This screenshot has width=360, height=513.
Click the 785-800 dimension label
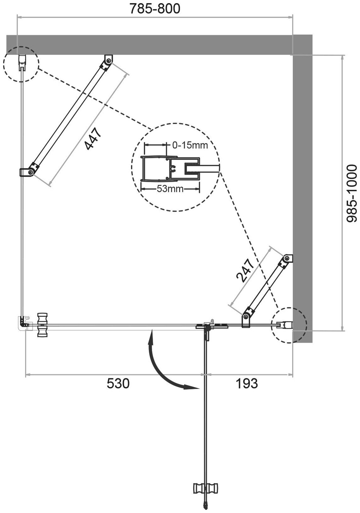(x=155, y=9)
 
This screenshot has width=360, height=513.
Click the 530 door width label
(x=118, y=383)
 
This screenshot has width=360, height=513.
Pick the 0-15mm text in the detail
(x=190, y=145)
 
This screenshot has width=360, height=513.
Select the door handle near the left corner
(x=42, y=325)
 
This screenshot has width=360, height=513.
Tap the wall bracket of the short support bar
(x=288, y=259)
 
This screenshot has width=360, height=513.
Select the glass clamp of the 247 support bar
(x=246, y=321)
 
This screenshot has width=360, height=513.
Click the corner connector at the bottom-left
(x=23, y=323)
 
